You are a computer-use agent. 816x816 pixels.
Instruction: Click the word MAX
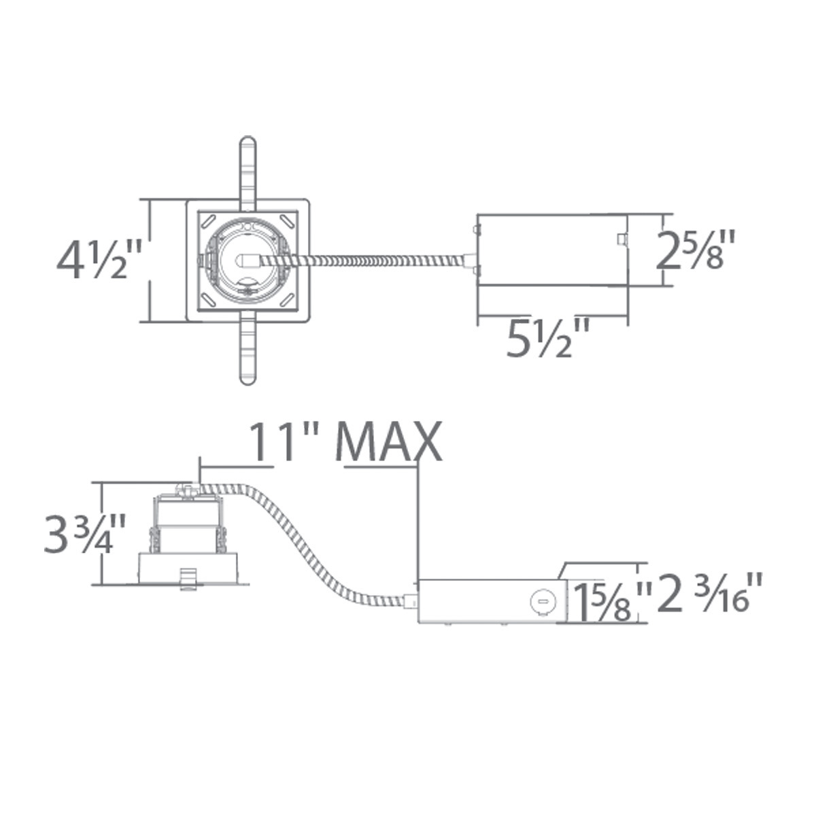pyautogui.click(x=389, y=442)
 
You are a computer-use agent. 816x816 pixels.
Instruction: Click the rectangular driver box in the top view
pyautogui.click(x=551, y=250)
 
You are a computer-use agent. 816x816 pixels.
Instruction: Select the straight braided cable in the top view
pyautogui.click(x=381, y=260)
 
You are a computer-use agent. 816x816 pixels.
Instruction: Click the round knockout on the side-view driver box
pyautogui.click(x=542, y=600)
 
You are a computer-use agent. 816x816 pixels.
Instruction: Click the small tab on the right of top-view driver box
pyautogui.click(x=620, y=239)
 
